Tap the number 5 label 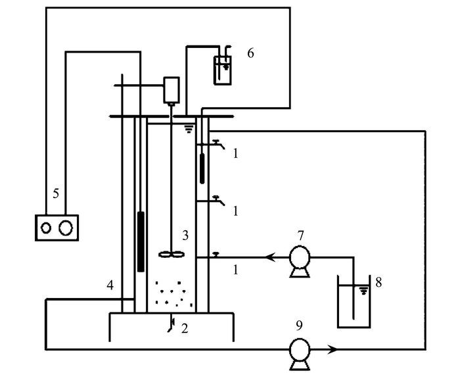(x=57, y=194)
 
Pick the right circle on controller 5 (x=66, y=228)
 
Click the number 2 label (x=185, y=327)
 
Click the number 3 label (x=185, y=235)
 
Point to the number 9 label (x=299, y=324)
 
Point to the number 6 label (x=250, y=53)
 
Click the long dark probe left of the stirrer (x=141, y=241)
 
